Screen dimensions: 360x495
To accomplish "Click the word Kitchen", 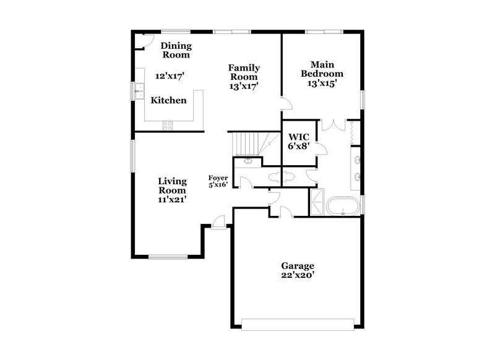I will tap(169, 100).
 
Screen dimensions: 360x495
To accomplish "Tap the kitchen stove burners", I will tap(168, 125).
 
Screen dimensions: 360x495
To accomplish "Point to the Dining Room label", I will tap(176, 50).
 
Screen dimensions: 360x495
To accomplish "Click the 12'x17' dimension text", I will tap(170, 75).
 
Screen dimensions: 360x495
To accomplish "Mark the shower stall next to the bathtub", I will tap(317, 202).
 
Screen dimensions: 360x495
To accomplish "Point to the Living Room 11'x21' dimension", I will tap(172, 199).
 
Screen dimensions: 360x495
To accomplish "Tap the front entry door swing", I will tap(218, 221).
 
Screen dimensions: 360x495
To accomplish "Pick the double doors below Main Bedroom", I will tap(334, 124).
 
